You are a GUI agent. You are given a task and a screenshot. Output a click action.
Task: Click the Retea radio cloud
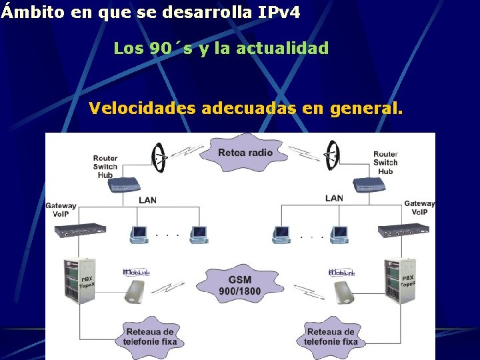(245, 153)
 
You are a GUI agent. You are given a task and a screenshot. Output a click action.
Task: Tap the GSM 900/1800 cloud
(240, 285)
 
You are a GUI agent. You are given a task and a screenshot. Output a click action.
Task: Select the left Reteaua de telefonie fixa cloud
(149, 337)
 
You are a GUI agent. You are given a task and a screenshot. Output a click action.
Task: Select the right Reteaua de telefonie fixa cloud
(331, 337)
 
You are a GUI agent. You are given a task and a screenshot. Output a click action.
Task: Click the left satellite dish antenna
(159, 158)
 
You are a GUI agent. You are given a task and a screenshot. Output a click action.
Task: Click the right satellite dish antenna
(329, 158)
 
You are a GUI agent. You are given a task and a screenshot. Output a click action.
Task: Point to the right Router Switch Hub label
(385, 163)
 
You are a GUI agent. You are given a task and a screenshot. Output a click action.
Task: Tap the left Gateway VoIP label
(61, 209)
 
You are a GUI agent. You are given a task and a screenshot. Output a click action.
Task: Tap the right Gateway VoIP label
(419, 207)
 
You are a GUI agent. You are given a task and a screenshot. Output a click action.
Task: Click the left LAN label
(148, 200)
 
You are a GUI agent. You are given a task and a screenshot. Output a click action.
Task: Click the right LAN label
(334, 198)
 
